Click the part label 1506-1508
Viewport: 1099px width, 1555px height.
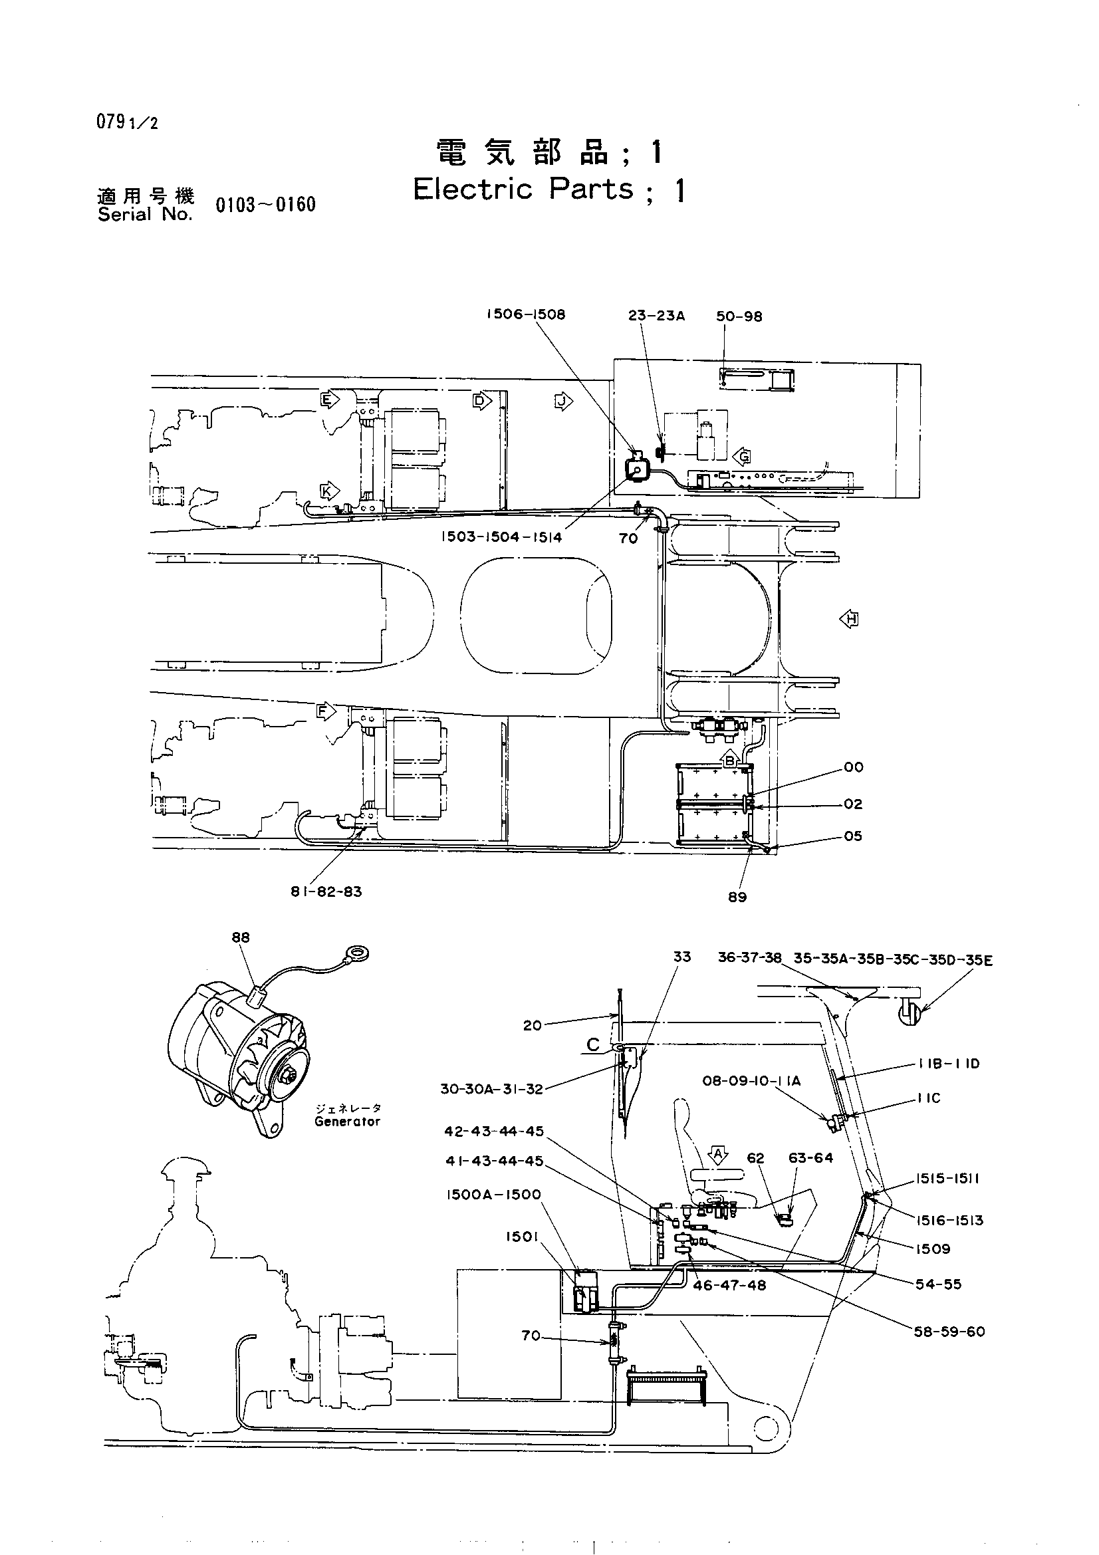click(x=525, y=314)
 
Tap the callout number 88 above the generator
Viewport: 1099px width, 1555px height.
click(x=241, y=937)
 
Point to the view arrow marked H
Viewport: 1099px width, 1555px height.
click(x=849, y=618)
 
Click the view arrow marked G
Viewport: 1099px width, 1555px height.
click(x=741, y=456)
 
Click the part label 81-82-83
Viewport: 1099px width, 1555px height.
click(x=326, y=892)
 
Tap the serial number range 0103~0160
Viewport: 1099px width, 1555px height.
click(x=265, y=205)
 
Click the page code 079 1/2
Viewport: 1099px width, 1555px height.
click(x=127, y=122)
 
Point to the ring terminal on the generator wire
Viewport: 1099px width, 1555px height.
click(x=357, y=955)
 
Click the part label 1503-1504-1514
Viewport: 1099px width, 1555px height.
click(x=502, y=537)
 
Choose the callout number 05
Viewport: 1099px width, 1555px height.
click(x=853, y=836)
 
